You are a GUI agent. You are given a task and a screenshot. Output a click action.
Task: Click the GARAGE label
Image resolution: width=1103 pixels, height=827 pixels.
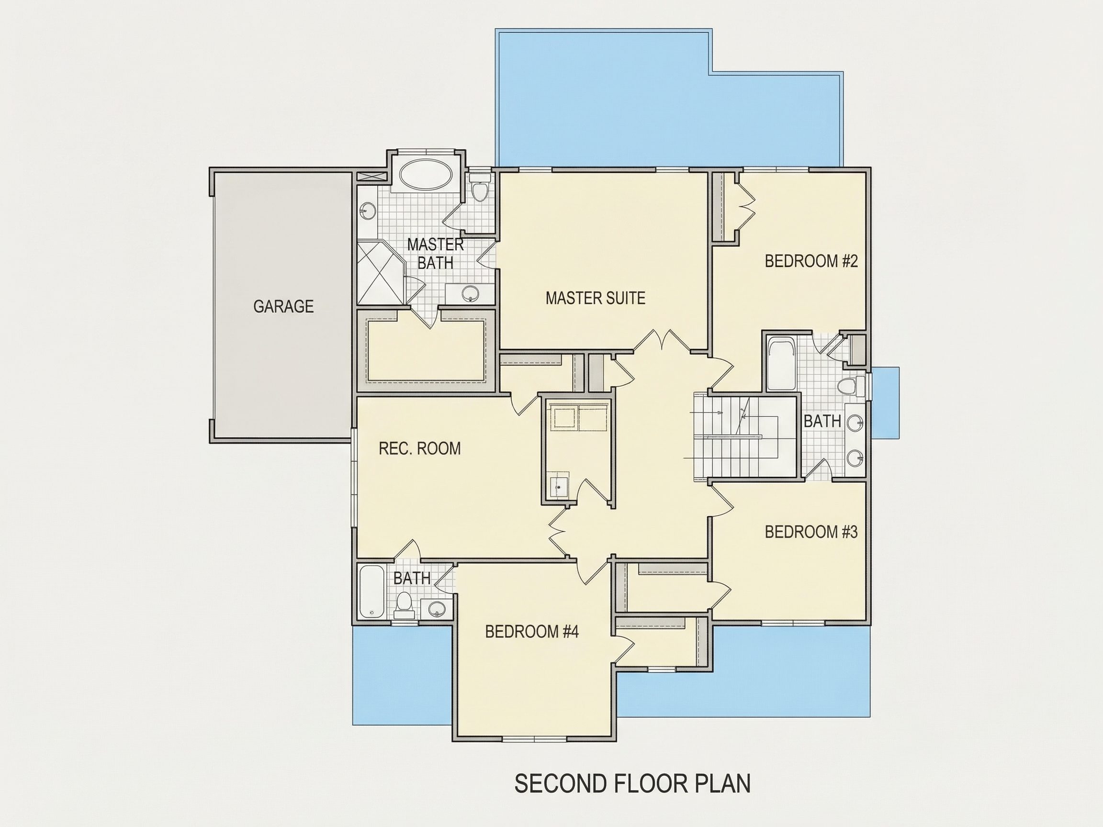(283, 306)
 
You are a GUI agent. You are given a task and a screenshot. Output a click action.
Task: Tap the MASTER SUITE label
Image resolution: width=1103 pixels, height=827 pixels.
(596, 298)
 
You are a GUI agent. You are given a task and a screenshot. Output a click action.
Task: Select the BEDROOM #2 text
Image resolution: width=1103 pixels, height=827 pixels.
(811, 261)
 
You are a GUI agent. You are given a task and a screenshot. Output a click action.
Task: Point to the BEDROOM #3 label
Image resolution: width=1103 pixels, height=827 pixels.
(811, 532)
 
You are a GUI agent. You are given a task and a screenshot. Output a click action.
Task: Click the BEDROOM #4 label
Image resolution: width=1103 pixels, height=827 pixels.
(531, 632)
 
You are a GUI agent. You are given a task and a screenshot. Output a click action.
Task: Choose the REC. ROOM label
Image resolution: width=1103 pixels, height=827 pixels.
(419, 448)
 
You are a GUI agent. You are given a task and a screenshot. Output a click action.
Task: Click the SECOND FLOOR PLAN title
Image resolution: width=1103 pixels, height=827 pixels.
(632, 783)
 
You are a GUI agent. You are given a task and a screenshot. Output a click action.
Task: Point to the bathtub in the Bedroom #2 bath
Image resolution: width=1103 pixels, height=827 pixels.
(780, 364)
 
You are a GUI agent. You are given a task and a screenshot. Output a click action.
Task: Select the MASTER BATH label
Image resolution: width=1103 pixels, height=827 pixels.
(435, 254)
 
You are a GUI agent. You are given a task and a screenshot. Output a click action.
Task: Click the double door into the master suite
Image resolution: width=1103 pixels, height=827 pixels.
(662, 341)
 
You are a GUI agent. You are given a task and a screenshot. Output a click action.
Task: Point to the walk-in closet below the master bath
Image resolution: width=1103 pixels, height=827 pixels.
(427, 351)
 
